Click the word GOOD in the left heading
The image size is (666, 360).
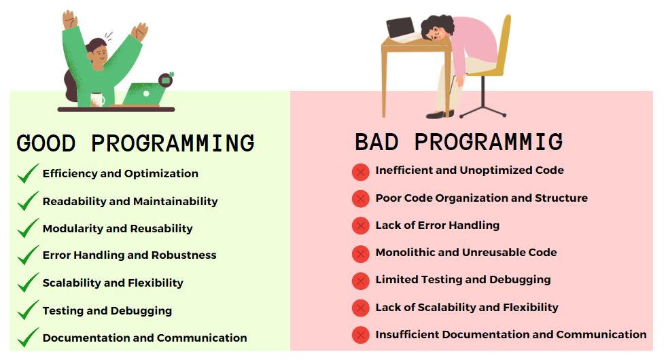[46, 143]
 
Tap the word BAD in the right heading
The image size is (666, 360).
[376, 142]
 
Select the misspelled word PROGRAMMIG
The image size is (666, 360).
[489, 142]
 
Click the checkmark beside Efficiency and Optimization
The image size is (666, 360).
[28, 173]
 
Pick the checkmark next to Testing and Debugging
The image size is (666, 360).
[28, 310]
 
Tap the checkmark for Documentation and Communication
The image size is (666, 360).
[28, 338]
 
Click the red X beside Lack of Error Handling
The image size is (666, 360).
[361, 226]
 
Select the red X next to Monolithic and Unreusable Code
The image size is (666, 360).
[361, 253]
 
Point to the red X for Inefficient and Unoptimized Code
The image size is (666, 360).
[361, 172]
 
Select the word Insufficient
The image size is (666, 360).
[407, 334]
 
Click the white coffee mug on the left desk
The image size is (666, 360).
[97, 99]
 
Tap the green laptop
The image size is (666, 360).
[143, 94]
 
